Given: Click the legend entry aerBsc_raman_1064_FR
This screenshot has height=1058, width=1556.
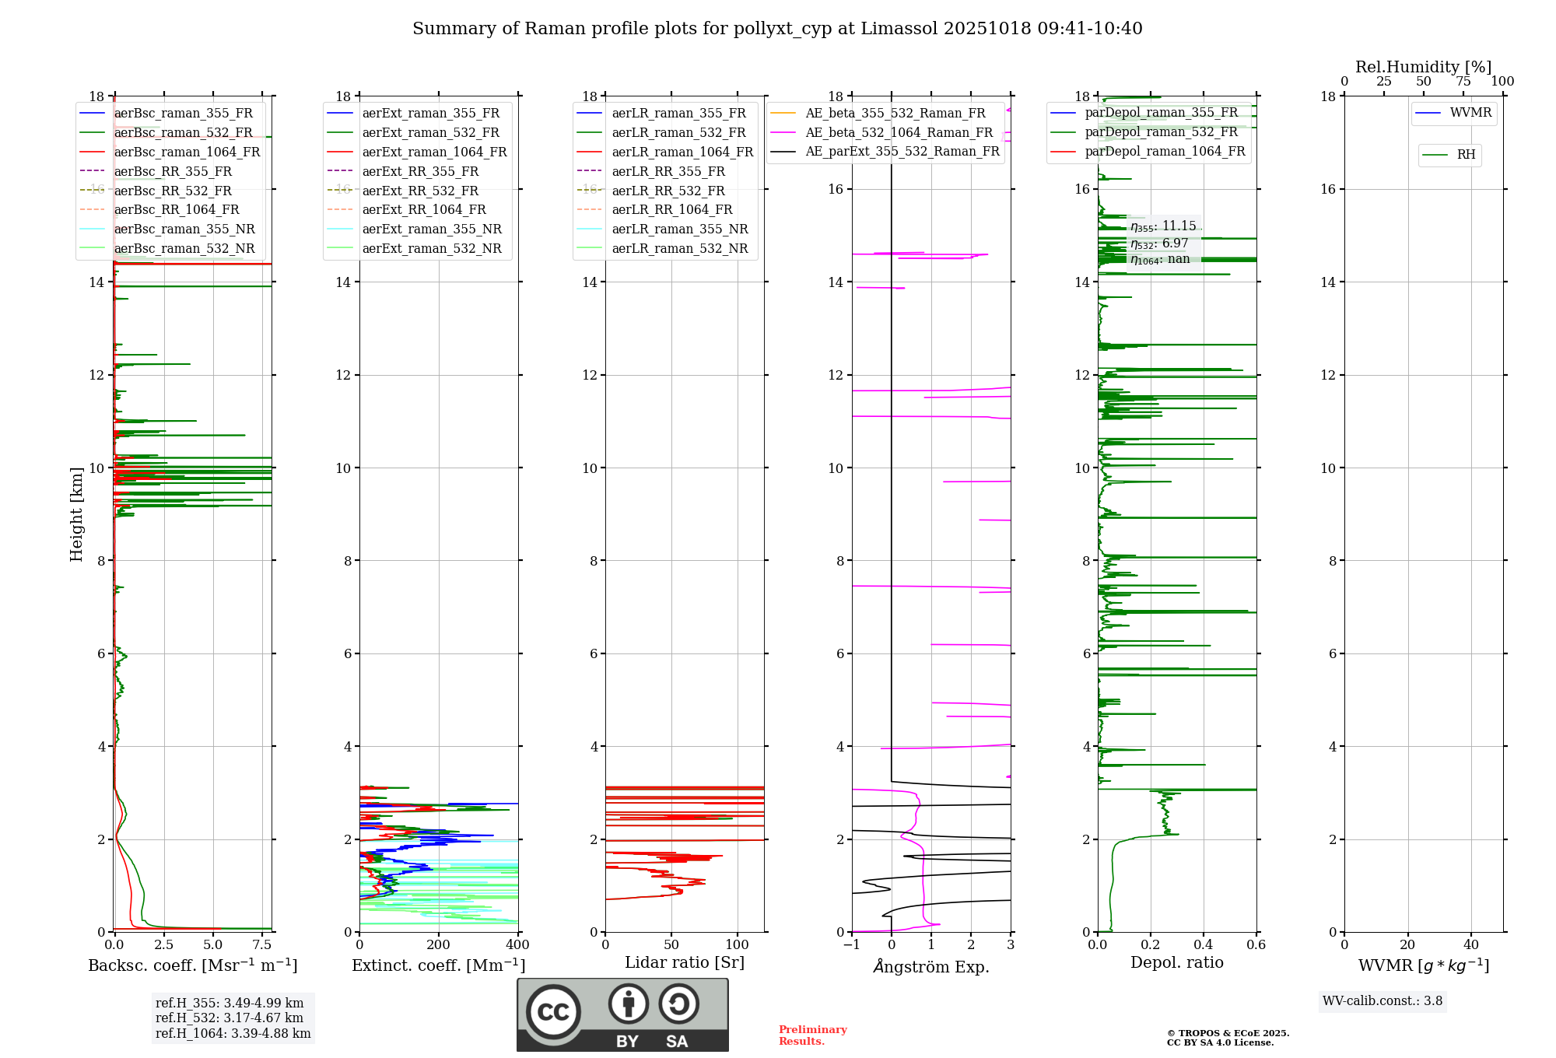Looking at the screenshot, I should pyautogui.click(x=187, y=152).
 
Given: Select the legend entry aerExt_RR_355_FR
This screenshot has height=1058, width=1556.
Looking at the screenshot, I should pyautogui.click(x=420, y=172).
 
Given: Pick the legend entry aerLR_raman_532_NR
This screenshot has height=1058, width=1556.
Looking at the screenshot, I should pyautogui.click(x=679, y=249).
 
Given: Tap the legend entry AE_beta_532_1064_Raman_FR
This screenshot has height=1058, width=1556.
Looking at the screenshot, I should pyautogui.click(x=899, y=133).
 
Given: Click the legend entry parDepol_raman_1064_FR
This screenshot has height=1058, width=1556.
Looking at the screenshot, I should pyautogui.click(x=1164, y=152).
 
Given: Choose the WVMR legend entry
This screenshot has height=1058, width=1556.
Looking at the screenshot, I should pyautogui.click(x=1470, y=113).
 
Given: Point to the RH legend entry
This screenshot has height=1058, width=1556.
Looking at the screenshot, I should pyautogui.click(x=1466, y=155).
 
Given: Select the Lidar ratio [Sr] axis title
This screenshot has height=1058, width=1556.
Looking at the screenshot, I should pyautogui.click(x=685, y=962).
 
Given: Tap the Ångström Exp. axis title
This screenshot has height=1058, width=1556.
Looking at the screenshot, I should pyautogui.click(x=931, y=967).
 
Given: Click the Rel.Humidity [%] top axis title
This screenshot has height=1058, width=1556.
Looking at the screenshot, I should pyautogui.click(x=1423, y=67).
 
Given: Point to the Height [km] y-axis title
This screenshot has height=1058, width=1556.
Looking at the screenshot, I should pyautogui.click(x=76, y=514).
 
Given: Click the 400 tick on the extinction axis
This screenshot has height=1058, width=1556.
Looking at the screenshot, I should pyautogui.click(x=517, y=945).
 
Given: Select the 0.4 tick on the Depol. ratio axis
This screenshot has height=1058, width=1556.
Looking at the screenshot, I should pyautogui.click(x=1204, y=945).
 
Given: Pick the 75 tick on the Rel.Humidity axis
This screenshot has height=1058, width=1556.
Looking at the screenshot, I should pyautogui.click(x=1463, y=82).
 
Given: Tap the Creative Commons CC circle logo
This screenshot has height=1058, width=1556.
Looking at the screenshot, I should pyautogui.click(x=553, y=1011).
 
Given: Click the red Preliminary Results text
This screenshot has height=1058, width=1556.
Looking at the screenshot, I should pyautogui.click(x=812, y=1035).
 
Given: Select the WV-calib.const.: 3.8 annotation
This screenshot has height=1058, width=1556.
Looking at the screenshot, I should pyautogui.click(x=1383, y=1001).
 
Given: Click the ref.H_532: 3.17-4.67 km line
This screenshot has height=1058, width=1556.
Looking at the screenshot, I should pyautogui.click(x=229, y=1018).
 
